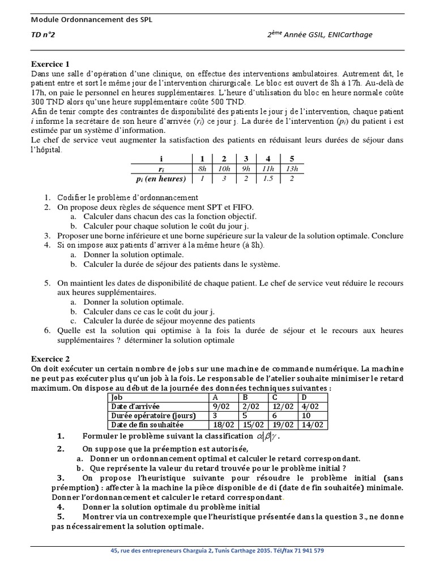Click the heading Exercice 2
(49, 358)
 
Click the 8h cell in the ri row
(202, 168)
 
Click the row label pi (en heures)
(159, 179)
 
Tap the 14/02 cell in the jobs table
(314, 425)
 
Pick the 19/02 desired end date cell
(284, 425)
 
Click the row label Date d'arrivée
(136, 407)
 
